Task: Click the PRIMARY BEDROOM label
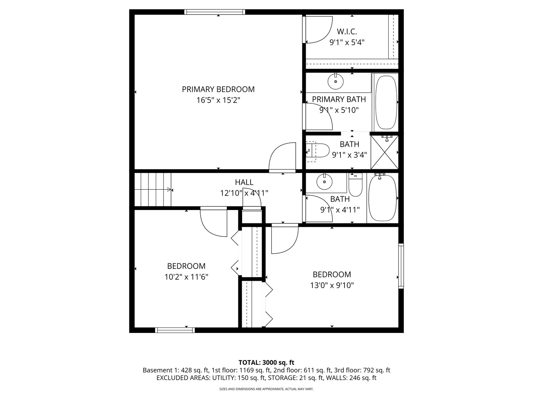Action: [218, 89]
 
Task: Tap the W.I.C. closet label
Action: [347, 31]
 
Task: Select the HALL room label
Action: [244, 182]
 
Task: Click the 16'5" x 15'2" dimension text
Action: [218, 100]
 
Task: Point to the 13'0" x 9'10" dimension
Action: [332, 285]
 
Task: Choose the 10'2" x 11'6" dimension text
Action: [186, 277]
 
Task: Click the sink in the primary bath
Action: [336, 81]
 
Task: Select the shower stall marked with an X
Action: [384, 152]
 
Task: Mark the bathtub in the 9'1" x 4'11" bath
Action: [382, 199]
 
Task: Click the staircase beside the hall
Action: [153, 189]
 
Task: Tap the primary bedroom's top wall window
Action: [215, 12]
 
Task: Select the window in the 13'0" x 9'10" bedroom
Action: [401, 266]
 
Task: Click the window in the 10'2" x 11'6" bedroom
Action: [175, 330]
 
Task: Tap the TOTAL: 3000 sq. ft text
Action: [266, 362]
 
